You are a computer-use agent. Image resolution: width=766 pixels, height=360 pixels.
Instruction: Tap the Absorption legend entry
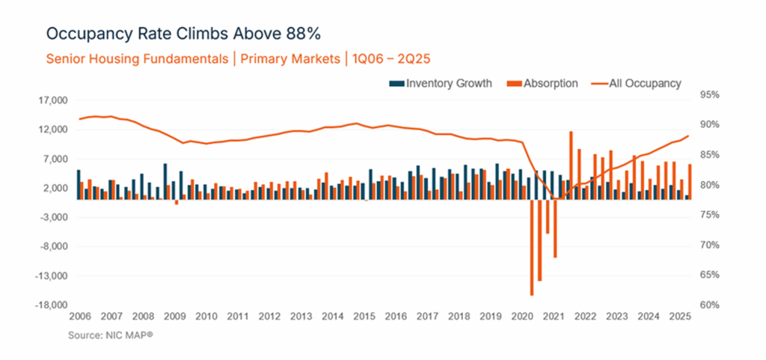tap(544, 83)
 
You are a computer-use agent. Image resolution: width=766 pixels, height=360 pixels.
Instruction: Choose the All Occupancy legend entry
tap(636, 83)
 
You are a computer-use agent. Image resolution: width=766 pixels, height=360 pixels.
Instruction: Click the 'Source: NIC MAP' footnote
tap(111, 335)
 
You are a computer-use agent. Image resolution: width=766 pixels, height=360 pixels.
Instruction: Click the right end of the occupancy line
tap(687, 136)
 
